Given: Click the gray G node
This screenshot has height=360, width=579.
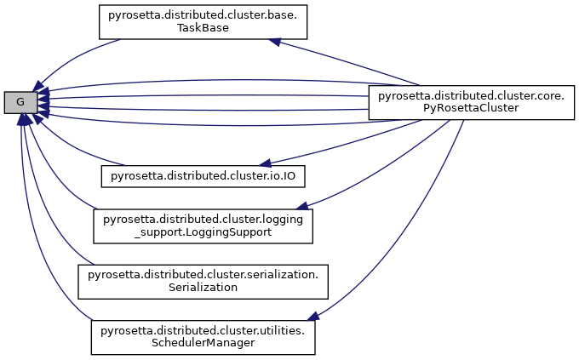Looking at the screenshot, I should [x=20, y=103].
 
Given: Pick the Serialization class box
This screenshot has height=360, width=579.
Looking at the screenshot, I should [x=204, y=281].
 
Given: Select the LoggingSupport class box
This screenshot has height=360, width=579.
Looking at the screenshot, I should [x=203, y=224].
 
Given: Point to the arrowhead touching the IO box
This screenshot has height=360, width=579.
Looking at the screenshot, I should [x=267, y=162].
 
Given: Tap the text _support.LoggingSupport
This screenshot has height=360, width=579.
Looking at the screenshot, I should [x=203, y=231].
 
